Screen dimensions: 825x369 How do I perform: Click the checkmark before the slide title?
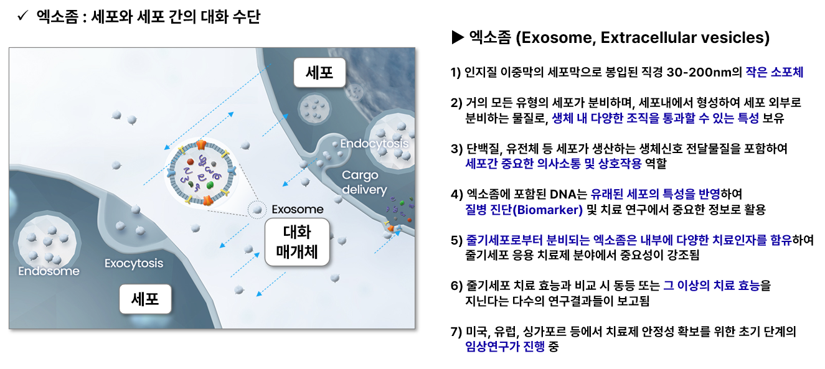(23, 16)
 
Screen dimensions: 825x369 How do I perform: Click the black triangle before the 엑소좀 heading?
(458, 37)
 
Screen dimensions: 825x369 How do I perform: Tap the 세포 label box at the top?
(319, 72)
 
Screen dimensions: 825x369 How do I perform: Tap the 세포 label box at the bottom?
(145, 299)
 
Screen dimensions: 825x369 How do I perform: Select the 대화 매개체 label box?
(297, 242)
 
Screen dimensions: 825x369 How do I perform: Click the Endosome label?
(49, 271)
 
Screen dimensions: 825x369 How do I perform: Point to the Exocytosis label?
(134, 263)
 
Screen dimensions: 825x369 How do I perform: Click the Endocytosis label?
(374, 144)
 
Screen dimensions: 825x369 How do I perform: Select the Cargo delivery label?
(364, 182)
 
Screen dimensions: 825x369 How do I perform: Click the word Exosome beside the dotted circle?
(298, 209)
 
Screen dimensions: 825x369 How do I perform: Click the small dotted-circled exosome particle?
(257, 210)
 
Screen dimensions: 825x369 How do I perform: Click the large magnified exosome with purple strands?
(201, 172)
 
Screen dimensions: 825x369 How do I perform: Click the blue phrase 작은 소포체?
(774, 72)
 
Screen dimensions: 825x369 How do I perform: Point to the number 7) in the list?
(456, 332)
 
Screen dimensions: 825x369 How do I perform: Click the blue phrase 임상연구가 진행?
(505, 347)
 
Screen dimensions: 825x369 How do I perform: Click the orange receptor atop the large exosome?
(200, 145)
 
